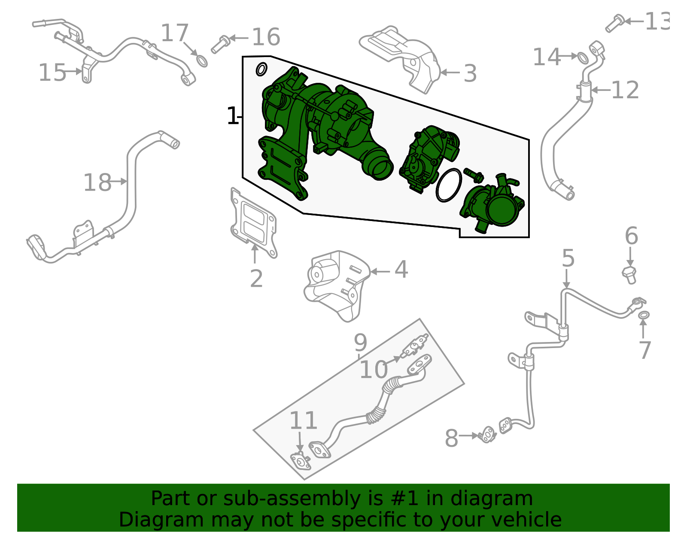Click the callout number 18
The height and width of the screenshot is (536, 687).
coord(97,182)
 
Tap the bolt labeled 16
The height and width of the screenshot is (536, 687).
coord(220,43)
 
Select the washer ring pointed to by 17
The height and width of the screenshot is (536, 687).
coord(201,61)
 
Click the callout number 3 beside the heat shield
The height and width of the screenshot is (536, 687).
coord(470,73)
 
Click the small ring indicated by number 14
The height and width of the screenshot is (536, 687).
coord(583,57)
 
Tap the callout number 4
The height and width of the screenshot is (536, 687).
coord(401,270)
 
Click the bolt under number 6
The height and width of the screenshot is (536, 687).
coord(629,274)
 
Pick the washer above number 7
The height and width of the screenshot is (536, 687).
coord(644,315)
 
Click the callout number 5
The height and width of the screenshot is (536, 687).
coord(568,258)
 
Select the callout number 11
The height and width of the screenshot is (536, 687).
coord(303,421)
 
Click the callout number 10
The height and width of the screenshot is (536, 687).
coord(373,369)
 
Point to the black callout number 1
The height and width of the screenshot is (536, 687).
coord(232,116)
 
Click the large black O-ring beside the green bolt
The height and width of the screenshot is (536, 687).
coord(449,185)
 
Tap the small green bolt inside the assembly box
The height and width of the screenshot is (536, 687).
coord(473,175)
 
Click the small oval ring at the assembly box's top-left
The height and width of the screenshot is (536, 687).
coord(261,69)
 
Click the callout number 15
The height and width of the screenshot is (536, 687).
coord(52,73)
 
